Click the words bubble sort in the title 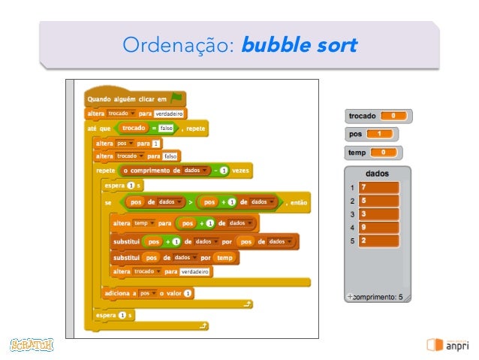click(x=297, y=46)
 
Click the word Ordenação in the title click(x=179, y=46)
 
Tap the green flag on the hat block click(x=176, y=98)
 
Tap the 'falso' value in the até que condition click(x=166, y=129)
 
